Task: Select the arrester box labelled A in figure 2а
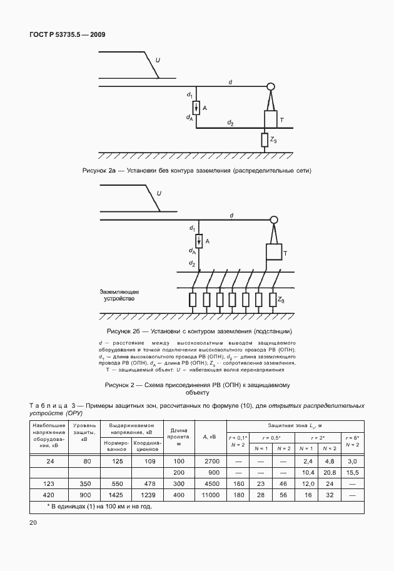(x=196, y=108)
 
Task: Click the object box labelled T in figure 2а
(x=270, y=119)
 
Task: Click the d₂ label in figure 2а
(x=230, y=123)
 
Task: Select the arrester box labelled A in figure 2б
(x=197, y=240)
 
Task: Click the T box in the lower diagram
(x=273, y=251)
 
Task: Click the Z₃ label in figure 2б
(x=281, y=300)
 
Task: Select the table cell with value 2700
(x=210, y=461)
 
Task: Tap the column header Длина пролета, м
(x=178, y=436)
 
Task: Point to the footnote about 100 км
(x=100, y=506)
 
